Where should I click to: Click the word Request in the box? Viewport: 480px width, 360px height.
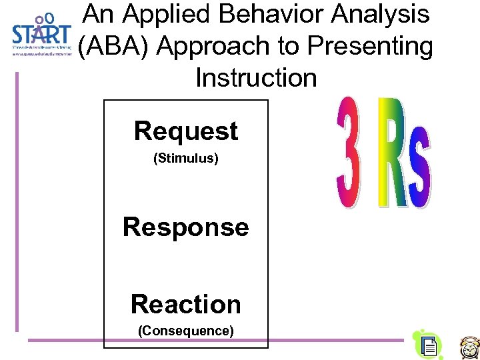(185, 131)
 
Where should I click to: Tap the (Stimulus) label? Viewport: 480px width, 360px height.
(185, 159)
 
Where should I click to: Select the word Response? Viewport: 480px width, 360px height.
(185, 227)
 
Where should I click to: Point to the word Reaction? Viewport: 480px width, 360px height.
(185, 304)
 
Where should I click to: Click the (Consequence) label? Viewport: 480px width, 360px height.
(185, 330)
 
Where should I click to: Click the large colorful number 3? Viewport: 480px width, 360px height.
(349, 153)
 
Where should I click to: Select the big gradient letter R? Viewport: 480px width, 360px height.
(392, 152)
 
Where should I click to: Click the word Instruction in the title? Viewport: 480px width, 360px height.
(256, 78)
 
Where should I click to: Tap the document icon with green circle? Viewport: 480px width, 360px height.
(428, 344)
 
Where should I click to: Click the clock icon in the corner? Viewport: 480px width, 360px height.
(469, 347)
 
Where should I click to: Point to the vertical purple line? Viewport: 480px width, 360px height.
(17, 200)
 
